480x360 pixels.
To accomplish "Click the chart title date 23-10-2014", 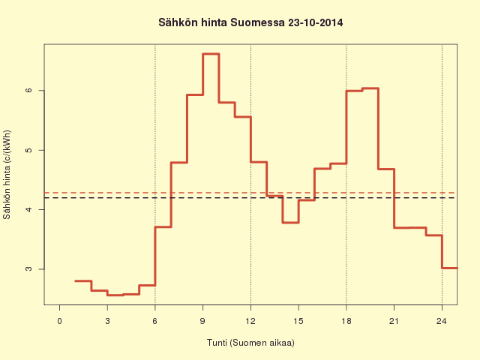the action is click(315, 22).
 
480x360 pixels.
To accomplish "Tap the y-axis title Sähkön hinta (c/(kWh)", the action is click(7, 175).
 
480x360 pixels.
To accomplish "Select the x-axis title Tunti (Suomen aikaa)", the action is click(250, 342).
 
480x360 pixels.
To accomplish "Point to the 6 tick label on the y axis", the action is click(28, 90).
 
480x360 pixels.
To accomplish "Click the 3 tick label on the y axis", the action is click(28, 269).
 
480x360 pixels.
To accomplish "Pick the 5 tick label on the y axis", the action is click(28, 150).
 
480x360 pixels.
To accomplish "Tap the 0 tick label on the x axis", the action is click(59, 321).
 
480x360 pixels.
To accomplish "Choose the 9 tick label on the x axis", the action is click(202, 321).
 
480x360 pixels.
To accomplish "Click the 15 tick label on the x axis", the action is click(298, 321).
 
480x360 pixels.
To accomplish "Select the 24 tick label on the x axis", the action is click(442, 321).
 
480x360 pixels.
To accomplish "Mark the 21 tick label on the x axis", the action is click(394, 321).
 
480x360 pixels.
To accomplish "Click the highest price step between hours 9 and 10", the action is click(211, 54).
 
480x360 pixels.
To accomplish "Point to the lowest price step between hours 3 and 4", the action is click(115, 295).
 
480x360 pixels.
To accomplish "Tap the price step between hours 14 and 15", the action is click(290, 223).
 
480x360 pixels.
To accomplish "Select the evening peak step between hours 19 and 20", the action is click(370, 88).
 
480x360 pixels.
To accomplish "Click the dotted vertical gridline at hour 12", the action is click(250, 175).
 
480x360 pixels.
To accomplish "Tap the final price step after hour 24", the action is click(450, 268).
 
